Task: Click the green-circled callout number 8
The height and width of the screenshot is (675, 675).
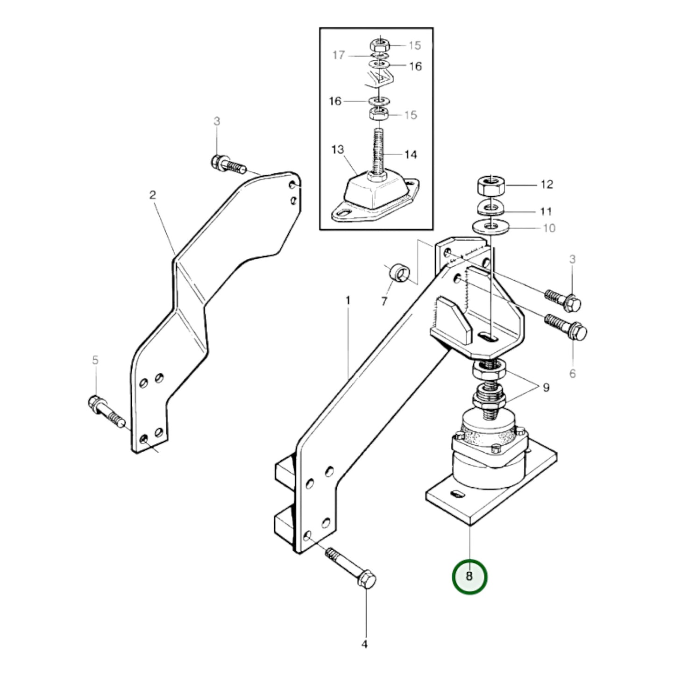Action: [x=469, y=576]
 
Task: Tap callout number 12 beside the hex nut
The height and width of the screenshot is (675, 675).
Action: [x=547, y=185]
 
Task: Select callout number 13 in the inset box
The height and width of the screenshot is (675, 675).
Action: [x=338, y=149]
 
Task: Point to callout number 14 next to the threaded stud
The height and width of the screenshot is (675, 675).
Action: [x=410, y=154]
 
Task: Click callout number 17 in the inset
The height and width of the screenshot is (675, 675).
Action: [x=338, y=55]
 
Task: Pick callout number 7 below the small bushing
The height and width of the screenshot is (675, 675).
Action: [x=384, y=302]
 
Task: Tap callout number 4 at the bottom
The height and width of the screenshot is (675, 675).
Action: [x=365, y=645]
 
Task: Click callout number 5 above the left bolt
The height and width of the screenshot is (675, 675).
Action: [x=95, y=360]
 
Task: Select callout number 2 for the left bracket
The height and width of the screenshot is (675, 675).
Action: [x=152, y=195]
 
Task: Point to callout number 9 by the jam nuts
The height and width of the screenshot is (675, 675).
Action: [x=546, y=387]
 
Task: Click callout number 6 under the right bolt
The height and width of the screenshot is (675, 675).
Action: [x=573, y=374]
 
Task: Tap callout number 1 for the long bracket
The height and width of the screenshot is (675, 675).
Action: [x=348, y=300]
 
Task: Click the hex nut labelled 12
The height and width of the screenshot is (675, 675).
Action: [x=490, y=186]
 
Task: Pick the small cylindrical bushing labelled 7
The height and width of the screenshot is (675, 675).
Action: [x=398, y=273]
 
